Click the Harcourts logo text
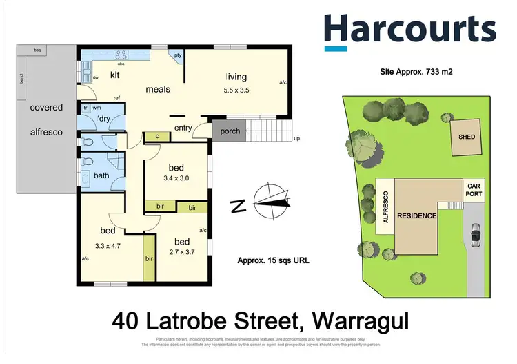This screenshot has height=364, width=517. [409, 29]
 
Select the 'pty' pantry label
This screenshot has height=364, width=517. [177, 56]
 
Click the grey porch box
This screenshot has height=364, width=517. [230, 131]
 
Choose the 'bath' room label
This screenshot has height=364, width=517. [101, 175]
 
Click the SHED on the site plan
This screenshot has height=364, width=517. [467, 137]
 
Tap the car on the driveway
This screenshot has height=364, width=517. [476, 236]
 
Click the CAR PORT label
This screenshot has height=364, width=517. [473, 191]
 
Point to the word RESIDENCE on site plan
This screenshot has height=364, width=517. [417, 215]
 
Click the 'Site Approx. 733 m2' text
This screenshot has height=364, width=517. [416, 72]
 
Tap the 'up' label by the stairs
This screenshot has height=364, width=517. [297, 138]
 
